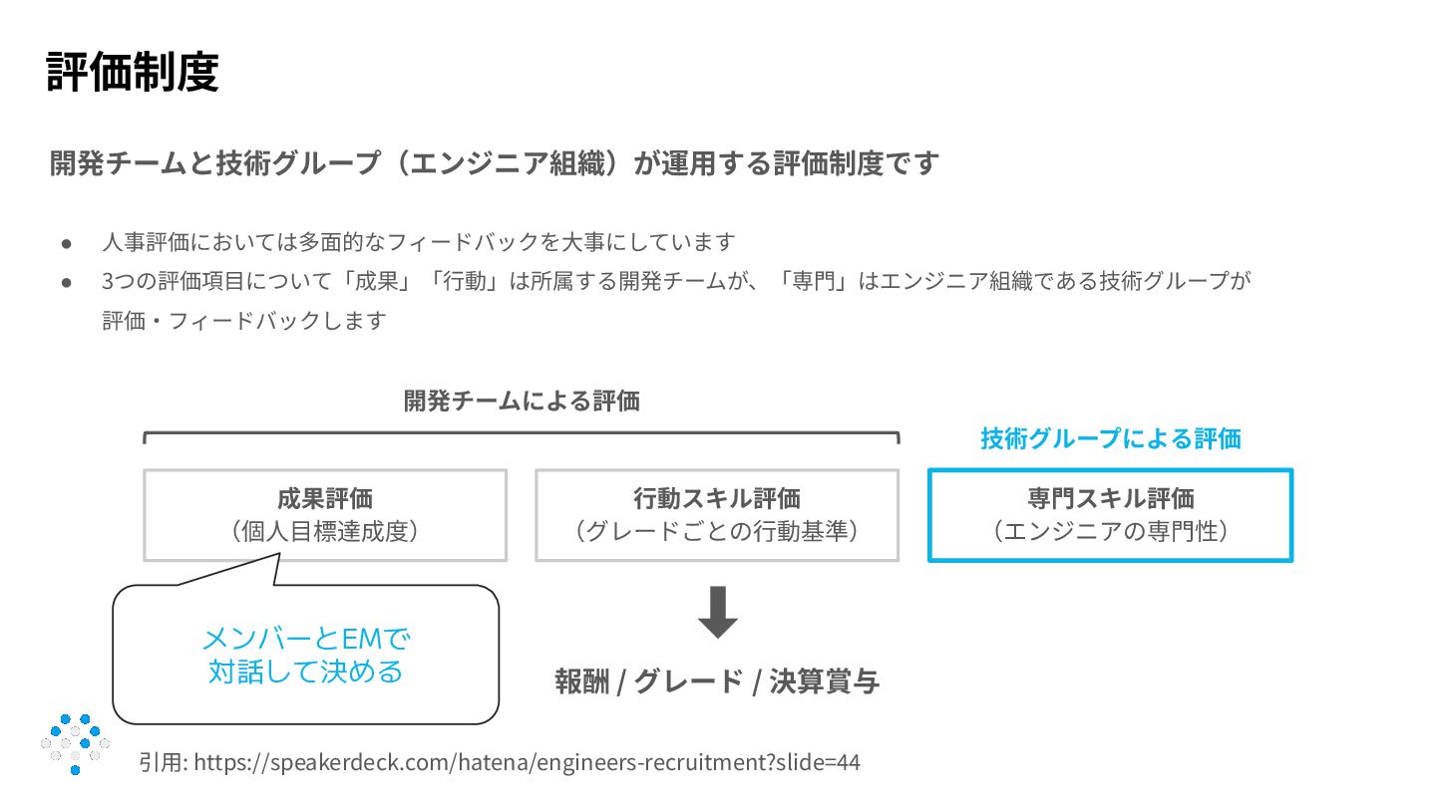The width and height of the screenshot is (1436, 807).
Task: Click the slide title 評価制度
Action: (x=133, y=72)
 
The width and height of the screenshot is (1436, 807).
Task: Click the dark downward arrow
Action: (x=717, y=613)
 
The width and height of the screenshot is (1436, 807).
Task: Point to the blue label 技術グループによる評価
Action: (x=1110, y=438)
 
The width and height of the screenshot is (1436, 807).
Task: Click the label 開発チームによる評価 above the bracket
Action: (x=522, y=402)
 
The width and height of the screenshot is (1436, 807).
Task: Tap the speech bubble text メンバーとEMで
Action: (x=306, y=638)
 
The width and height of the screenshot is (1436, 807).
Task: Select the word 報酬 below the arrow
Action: (x=581, y=682)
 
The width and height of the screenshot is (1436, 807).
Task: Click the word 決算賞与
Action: (x=824, y=682)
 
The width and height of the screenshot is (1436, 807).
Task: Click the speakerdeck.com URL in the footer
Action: (x=527, y=763)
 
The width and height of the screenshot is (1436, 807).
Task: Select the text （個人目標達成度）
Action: (x=325, y=531)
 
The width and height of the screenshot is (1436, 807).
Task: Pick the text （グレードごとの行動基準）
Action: (x=716, y=531)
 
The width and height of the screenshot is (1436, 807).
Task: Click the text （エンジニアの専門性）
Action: (x=1110, y=531)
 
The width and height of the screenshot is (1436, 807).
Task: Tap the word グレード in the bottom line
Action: (x=688, y=682)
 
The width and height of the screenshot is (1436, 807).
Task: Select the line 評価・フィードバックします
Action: (x=243, y=322)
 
